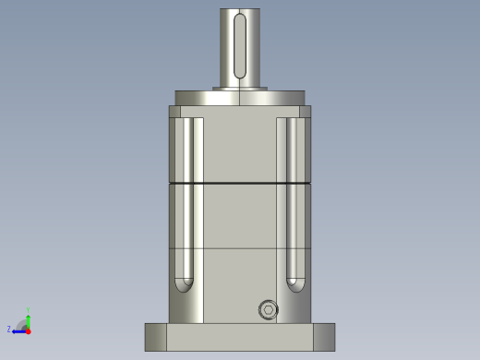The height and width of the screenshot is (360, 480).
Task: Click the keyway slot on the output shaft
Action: tap(240, 45)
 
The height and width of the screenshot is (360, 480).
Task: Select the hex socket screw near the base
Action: tap(269, 310)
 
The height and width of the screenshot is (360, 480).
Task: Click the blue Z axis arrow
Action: tap(18, 330)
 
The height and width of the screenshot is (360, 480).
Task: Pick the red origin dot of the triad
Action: tap(28, 330)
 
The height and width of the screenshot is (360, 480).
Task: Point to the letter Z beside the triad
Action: tap(9, 330)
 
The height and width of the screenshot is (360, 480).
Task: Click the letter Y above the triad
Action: tap(28, 309)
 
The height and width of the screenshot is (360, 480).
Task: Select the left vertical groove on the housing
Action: tap(185, 198)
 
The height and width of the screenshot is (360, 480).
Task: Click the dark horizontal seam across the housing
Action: tap(240, 184)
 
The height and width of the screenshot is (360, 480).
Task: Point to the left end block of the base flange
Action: tap(156, 337)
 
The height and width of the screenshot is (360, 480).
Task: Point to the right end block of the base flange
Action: tap(324, 337)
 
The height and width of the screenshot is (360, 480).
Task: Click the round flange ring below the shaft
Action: tap(240, 98)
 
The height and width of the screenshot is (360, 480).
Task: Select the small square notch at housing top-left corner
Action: tap(174, 112)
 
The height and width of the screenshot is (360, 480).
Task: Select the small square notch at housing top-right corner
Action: tap(306, 112)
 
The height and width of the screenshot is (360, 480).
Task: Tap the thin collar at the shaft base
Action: tap(240, 89)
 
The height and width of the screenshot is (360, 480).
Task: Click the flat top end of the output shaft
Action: tap(240, 9)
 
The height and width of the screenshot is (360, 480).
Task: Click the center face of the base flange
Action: tap(240, 337)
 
